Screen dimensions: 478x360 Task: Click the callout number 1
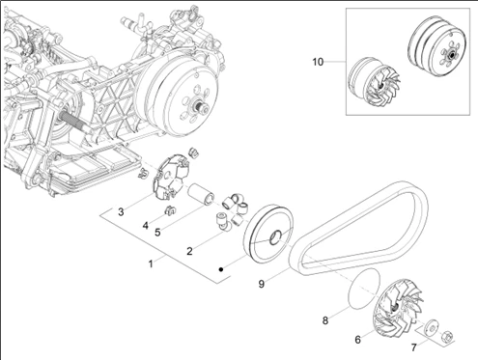coord(151,263)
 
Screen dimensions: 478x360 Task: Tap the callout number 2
coord(189,251)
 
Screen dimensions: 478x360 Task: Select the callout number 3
coord(121,212)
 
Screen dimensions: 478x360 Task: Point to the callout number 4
coord(146,226)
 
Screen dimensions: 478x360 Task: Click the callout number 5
coord(157,232)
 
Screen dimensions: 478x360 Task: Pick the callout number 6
coord(358,340)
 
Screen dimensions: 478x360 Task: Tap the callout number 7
coord(414,347)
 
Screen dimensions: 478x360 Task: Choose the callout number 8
coord(325,320)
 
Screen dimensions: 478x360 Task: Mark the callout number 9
coord(262,284)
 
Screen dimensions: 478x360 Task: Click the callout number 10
coord(318,62)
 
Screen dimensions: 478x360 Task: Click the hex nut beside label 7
coord(448,336)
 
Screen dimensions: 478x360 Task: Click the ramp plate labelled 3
coord(170,177)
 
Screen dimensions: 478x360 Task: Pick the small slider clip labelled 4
coord(169,210)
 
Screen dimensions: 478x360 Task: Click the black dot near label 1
coord(221,269)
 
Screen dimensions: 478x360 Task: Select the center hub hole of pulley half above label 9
coord(275,237)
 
